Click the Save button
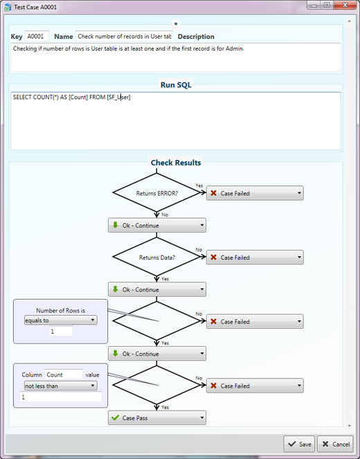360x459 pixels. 299,444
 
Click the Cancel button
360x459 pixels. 335,444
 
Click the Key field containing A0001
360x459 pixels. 37,36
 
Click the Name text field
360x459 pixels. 124,36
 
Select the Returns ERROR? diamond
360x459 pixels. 156,192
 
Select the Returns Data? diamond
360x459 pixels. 156,257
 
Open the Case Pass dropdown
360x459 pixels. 157,417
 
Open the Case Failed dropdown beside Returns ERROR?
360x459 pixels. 255,193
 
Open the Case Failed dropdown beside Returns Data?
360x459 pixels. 255,258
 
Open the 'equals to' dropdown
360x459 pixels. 61,321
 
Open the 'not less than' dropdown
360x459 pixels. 61,386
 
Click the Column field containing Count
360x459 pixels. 64,375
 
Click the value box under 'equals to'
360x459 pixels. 61,332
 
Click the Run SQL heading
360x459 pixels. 176,85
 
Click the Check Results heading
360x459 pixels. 176,163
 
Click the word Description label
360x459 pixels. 196,37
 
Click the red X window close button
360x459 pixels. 345,6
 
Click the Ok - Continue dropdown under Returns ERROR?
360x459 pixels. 157,226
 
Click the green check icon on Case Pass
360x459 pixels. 116,417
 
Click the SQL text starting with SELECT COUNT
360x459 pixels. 72,97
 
